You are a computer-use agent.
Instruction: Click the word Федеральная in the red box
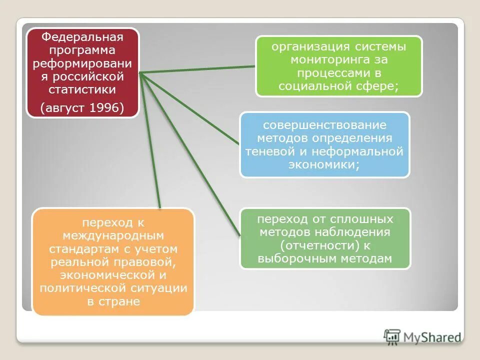point(82,36)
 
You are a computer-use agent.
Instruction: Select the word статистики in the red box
point(82,90)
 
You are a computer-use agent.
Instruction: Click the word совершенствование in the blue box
point(324,124)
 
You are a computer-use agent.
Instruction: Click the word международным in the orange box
point(113,235)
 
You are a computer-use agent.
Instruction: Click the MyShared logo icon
point(392,337)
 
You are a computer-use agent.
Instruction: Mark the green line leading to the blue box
point(190,109)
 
